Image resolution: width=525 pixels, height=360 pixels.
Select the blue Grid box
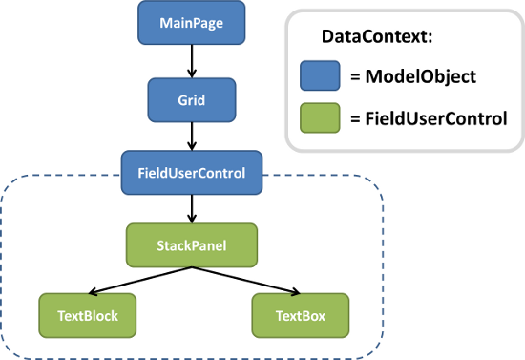[192, 97]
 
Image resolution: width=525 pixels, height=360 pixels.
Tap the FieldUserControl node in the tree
[192, 173]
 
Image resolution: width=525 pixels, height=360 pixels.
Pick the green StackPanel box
[192, 244]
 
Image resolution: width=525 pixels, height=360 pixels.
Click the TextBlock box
[86, 314]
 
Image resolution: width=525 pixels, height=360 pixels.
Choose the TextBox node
[300, 314]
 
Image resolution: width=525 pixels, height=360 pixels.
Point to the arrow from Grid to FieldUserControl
[192, 135]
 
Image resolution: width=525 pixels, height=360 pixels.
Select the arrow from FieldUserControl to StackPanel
[192, 207]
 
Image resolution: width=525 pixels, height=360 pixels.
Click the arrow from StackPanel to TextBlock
[138, 279]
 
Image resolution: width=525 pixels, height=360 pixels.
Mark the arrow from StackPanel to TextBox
[246, 279]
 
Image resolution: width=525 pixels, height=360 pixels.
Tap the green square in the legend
[322, 118]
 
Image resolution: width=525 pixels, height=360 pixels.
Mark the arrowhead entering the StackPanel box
[192, 220]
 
